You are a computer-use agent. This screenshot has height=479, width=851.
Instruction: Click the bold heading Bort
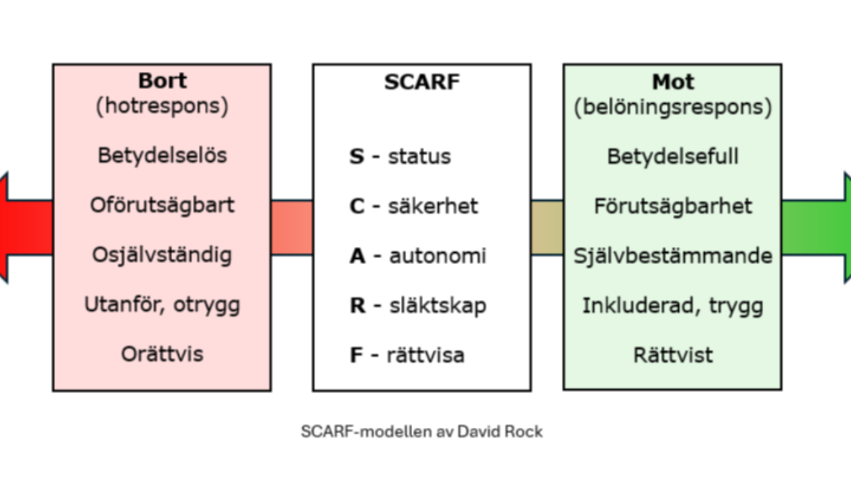pos(162,81)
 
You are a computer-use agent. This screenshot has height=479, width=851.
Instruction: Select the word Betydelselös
pos(162,156)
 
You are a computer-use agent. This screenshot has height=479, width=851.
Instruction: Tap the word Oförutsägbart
pos(162,205)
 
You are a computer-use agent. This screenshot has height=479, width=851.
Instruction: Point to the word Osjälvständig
pos(162,255)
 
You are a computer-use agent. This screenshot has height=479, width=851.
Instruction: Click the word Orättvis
pos(162,354)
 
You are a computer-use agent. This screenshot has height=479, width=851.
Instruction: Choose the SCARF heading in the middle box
pos(422,82)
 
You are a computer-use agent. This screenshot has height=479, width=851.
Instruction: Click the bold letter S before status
pos(357,157)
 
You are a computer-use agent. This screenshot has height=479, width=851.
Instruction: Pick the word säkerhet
pos(433,206)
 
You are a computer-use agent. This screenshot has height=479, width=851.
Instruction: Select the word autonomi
pos(437,256)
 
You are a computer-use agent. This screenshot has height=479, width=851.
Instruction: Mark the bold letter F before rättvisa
pos(356,355)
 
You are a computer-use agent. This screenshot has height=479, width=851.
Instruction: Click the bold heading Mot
pos(673,82)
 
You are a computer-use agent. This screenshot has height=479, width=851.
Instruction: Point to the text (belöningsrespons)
pos(673,108)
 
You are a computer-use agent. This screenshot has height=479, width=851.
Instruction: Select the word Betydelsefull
pos(673,157)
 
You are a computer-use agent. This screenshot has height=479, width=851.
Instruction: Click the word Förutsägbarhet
pos(673,206)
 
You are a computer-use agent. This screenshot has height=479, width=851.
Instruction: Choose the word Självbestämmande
pos(673,256)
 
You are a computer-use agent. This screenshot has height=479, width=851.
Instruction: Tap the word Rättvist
pos(673,355)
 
